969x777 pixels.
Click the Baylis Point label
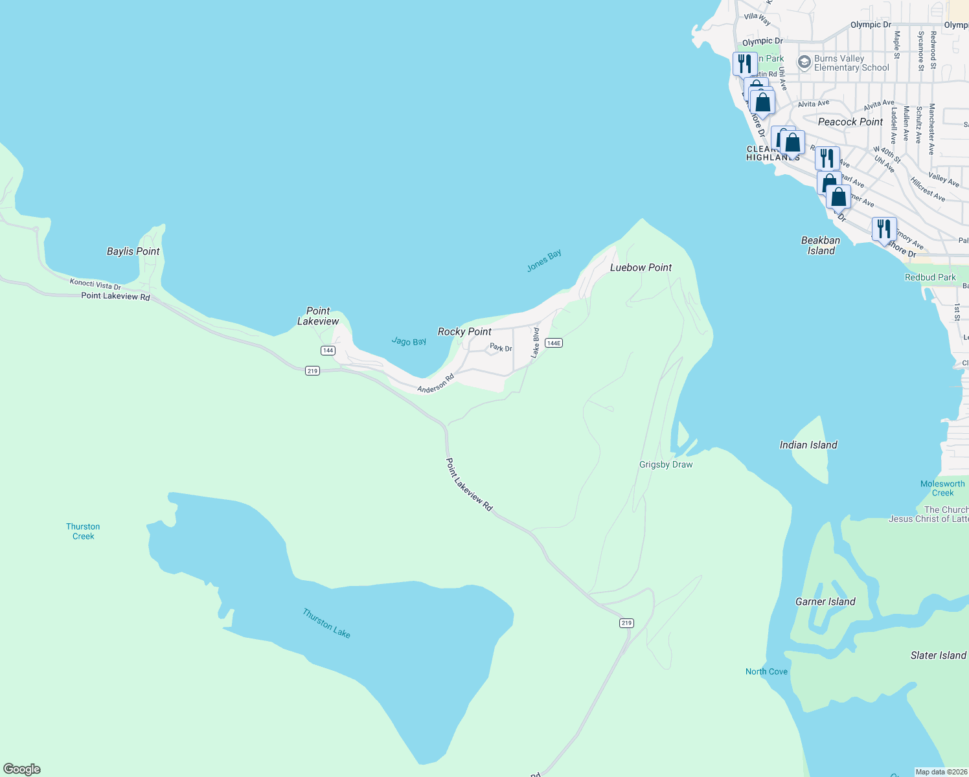pos(133,251)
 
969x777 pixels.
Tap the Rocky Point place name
pos(464,332)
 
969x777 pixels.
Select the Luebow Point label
pos(641,267)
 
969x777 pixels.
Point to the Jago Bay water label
pos(409,341)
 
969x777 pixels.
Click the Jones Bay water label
pos(544,260)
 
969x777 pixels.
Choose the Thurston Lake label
pos(326,623)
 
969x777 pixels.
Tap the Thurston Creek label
pos(83,531)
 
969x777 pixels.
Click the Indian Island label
pos(808,445)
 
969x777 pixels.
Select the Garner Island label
pos(825,602)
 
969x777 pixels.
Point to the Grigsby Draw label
pos(666,464)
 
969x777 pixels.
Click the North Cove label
pos(766,671)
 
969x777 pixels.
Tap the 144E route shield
pos(553,343)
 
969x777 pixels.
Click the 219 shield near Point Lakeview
pos(312,370)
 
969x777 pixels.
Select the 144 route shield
pos(328,350)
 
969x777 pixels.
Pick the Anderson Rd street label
pos(435,383)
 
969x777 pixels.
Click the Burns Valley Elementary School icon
pos(804,62)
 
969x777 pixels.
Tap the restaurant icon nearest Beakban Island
pos(883,229)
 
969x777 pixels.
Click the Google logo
pos(22,769)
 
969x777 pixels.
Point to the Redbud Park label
pos(930,277)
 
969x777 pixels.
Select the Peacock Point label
pos(850,122)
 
